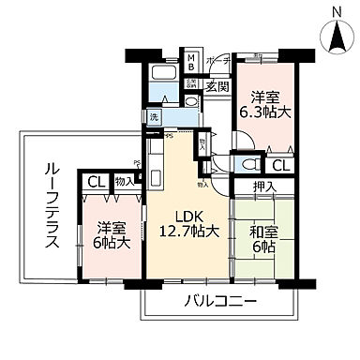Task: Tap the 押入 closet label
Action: pyautogui.click(x=265, y=187)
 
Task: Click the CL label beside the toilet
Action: pyautogui.click(x=280, y=166)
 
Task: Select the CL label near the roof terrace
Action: pyautogui.click(x=97, y=182)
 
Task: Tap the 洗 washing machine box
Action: pyautogui.click(x=153, y=117)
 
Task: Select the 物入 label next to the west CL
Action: pyautogui.click(x=123, y=181)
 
